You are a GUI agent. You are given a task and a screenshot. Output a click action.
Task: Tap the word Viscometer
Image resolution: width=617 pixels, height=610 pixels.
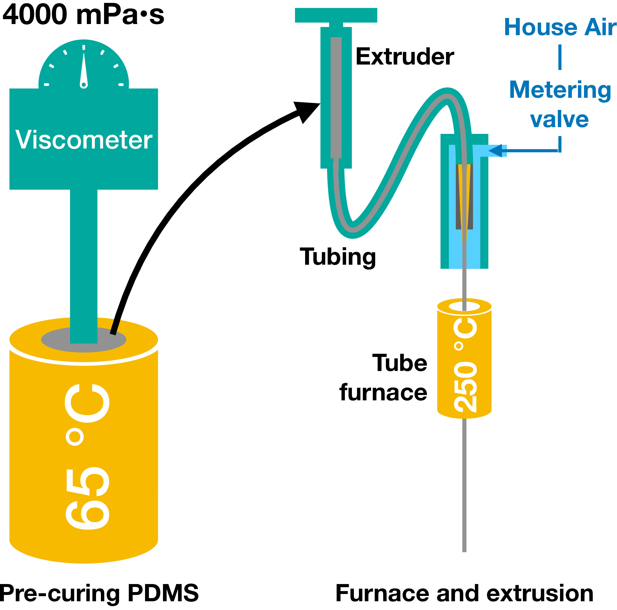84,140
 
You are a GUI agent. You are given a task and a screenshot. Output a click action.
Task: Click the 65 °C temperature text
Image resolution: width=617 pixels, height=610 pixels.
87,457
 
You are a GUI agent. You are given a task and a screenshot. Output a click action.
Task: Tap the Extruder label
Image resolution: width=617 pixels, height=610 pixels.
405,57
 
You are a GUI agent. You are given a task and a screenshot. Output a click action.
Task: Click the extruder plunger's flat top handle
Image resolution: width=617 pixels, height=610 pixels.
336,15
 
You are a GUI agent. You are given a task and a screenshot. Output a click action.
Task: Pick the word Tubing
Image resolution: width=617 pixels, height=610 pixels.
338,257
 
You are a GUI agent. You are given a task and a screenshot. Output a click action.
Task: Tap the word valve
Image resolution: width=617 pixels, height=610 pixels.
559,120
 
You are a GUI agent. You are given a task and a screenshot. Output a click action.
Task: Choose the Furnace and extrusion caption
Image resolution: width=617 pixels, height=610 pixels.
464,593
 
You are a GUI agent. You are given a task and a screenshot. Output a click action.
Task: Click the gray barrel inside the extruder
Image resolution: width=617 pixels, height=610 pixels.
336,98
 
